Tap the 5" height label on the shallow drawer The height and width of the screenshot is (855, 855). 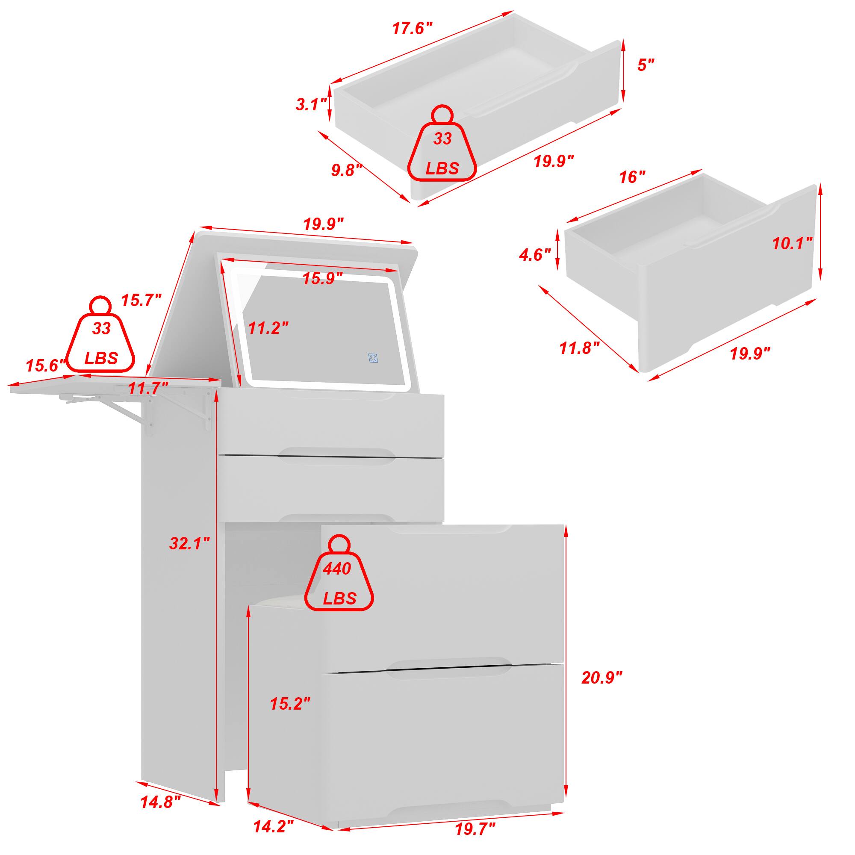[645, 65]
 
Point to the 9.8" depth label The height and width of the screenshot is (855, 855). [347, 171]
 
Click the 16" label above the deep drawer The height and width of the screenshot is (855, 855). [632, 177]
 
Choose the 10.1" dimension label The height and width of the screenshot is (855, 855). [792, 244]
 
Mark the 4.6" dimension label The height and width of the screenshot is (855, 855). [535, 255]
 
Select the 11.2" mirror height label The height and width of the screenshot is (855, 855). [268, 328]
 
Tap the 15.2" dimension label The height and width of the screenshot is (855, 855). [290, 704]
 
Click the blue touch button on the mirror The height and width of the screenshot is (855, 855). [374, 358]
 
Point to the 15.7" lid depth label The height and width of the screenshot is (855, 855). [141, 301]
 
